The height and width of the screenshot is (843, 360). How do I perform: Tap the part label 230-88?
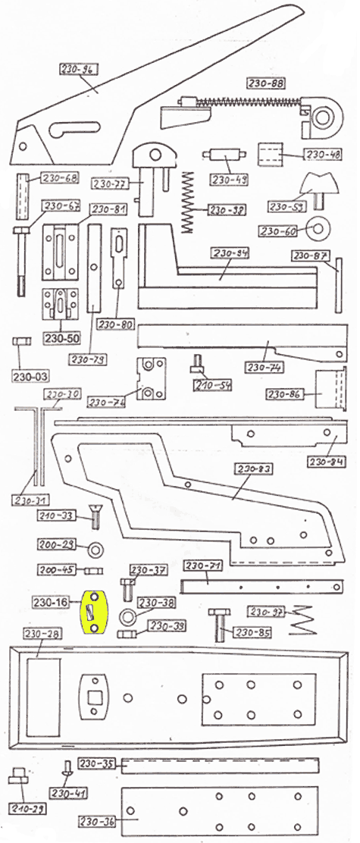click(x=265, y=83)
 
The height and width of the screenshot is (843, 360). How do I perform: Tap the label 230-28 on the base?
click(x=42, y=634)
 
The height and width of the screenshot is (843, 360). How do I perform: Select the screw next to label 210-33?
click(x=95, y=520)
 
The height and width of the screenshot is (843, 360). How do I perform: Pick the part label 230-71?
click(x=202, y=566)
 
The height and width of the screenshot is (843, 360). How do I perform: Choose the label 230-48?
click(x=323, y=155)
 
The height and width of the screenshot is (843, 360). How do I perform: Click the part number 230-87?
click(x=308, y=255)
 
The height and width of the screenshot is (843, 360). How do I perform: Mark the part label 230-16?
click(x=51, y=602)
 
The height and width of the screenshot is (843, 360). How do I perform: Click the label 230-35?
click(x=97, y=763)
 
